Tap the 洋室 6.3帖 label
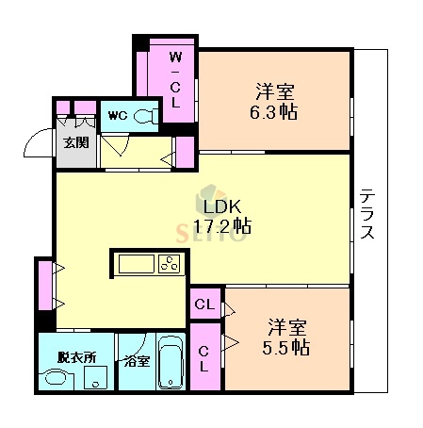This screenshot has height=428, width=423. [x=274, y=101]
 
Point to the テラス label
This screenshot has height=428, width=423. [x=366, y=215]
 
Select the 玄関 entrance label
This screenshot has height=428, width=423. [x=74, y=143]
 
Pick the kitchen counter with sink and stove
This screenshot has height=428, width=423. [x=148, y=263]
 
